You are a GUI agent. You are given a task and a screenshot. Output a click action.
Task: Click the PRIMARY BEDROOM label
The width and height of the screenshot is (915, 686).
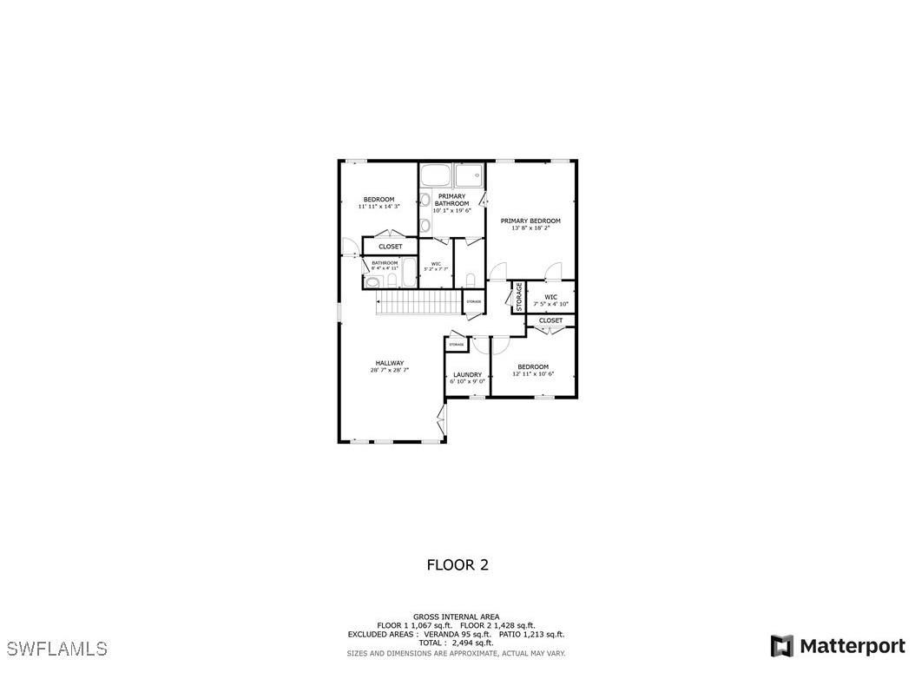click(530, 221)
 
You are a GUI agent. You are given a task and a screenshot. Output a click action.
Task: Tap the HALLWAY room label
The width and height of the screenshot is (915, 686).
click(389, 363)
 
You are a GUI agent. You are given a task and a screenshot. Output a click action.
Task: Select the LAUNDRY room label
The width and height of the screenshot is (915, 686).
click(467, 375)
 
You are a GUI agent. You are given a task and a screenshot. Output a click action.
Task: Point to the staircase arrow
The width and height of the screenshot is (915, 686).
click(379, 301)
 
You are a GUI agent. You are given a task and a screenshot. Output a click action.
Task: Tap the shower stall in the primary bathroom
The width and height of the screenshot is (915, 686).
click(470, 175)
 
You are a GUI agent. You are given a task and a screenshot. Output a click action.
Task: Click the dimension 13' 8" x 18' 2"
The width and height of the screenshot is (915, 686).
click(530, 228)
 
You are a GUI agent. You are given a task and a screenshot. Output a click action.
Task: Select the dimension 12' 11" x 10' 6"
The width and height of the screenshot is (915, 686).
click(532, 374)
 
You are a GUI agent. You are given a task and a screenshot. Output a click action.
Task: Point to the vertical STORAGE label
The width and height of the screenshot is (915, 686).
click(519, 297)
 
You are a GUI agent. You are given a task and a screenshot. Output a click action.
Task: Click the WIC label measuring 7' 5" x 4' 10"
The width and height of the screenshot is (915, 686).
click(550, 297)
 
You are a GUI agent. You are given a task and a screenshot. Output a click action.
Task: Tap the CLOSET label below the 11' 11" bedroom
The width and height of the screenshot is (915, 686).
click(390, 247)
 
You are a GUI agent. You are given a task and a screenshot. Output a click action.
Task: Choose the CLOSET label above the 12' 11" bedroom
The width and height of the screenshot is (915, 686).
click(550, 320)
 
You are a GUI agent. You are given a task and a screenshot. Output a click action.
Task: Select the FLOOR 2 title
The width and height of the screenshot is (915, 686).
click(457, 565)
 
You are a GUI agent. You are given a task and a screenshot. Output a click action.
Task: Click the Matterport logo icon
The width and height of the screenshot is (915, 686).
click(781, 646)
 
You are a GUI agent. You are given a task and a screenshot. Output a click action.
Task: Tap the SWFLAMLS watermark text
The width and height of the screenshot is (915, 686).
click(56, 649)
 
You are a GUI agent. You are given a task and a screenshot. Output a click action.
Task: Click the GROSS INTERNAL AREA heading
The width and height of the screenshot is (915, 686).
click(456, 617)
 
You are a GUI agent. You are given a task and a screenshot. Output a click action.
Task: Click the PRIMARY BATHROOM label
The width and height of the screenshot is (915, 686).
click(451, 200)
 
